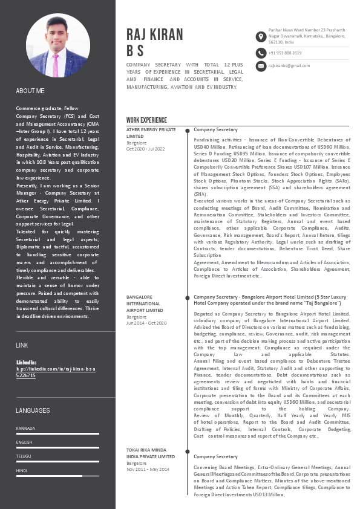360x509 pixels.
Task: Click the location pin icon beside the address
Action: point(260,36)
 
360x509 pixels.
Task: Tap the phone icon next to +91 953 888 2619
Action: point(260,53)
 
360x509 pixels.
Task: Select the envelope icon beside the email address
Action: point(260,65)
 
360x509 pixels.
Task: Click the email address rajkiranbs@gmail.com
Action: point(289,65)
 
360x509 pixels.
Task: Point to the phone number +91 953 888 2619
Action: point(285,53)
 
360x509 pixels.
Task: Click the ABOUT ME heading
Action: point(30,91)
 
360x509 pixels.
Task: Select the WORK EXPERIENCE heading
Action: point(146,120)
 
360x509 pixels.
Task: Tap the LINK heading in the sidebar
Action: point(22,345)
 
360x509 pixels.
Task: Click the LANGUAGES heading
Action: point(33,410)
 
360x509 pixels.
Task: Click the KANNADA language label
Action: point(25,428)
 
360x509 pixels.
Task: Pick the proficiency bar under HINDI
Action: point(57,476)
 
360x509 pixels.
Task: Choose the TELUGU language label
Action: point(24,456)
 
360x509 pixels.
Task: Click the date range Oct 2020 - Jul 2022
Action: point(146,149)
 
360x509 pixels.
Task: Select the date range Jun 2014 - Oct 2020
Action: point(146,323)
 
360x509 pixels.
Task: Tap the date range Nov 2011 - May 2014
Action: point(148,469)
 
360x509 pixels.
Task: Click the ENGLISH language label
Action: point(24,442)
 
